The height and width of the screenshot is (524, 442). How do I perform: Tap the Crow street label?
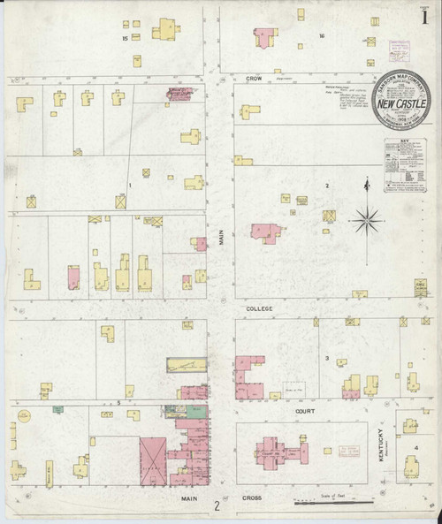pos(256,80)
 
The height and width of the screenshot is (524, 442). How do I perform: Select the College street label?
pos(259,308)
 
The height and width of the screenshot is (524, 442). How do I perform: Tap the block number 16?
pos(323,36)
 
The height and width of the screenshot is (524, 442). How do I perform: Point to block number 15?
pos(126,38)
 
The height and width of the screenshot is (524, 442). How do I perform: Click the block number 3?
pos(327,358)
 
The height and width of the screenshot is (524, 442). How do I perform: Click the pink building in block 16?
pos(263,35)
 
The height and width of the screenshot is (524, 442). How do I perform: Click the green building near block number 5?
pos(58,408)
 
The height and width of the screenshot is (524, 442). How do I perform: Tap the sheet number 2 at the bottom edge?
pos(216,507)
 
